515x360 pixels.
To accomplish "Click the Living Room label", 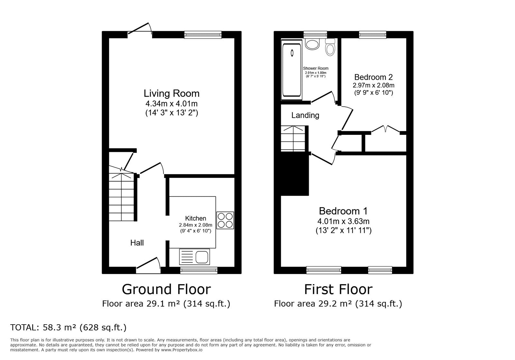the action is [172, 94].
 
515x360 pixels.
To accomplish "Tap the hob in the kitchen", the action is [225, 220].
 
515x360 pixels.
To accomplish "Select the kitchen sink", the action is [194, 257].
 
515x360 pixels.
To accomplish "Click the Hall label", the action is [137, 243].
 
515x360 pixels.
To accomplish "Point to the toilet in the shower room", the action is [330, 47].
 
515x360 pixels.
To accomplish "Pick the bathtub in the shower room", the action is [292, 70].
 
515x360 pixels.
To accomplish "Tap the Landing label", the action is [305, 115].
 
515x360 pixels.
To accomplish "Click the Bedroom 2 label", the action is [373, 77].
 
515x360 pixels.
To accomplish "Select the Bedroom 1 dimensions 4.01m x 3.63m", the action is [343, 221].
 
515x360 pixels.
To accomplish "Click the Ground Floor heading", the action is [166, 289].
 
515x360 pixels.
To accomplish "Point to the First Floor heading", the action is [338, 289].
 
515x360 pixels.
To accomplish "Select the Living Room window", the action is [203, 35].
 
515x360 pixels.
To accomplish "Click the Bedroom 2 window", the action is [373, 35].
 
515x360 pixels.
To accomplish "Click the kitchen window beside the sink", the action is [199, 270].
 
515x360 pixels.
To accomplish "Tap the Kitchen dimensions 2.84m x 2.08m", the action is [196, 225].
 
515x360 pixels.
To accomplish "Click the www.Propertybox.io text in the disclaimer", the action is [182, 350].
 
